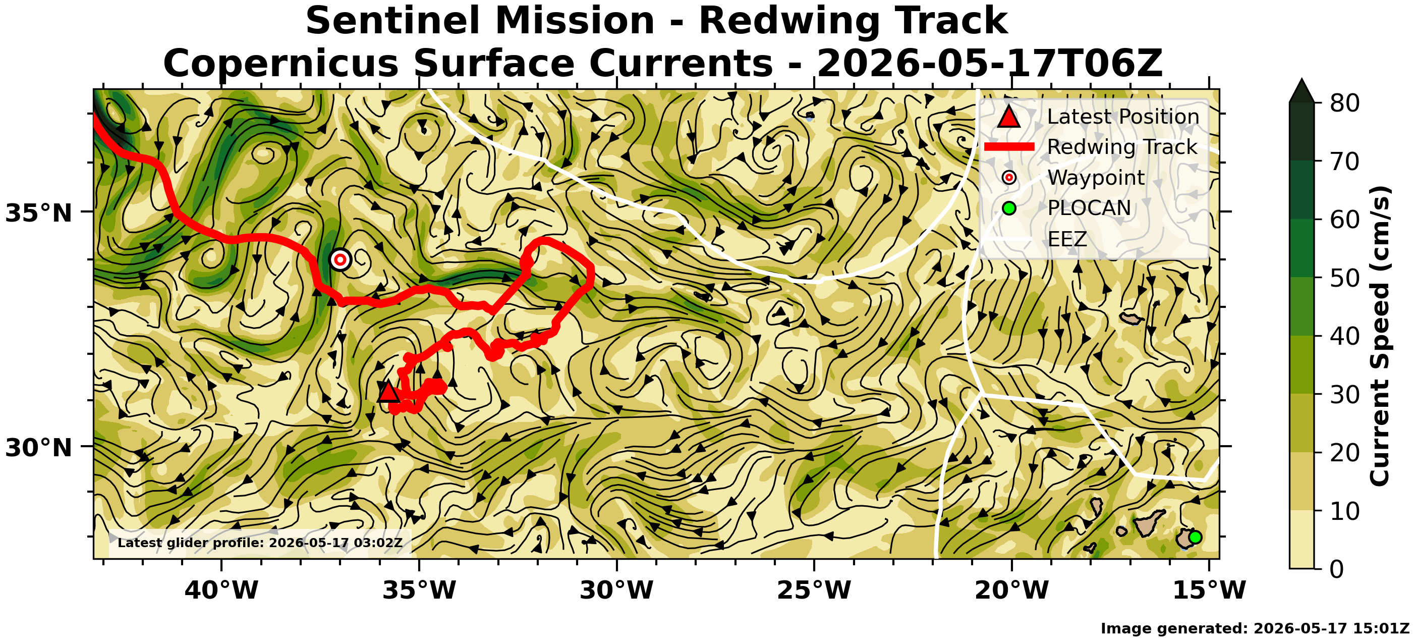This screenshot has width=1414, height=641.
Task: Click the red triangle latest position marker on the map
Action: tap(388, 392)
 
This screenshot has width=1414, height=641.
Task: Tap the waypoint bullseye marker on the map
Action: tap(341, 259)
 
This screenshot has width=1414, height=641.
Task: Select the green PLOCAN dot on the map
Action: tap(1195, 537)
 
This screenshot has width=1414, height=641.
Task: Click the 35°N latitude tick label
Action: tap(38, 213)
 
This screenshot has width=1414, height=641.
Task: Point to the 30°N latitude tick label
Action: tap(38, 448)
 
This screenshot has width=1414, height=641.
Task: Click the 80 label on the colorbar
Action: tap(1344, 103)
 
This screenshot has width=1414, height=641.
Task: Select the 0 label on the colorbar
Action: tap(1337, 569)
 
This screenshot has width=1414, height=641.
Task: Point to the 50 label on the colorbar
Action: tap(1344, 278)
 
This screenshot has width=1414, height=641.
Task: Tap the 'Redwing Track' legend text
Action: tap(1122, 147)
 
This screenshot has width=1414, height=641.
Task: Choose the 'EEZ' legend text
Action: tap(1067, 239)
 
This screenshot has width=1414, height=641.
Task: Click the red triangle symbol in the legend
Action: tap(1009, 117)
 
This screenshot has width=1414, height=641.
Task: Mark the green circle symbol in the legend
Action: tap(1009, 208)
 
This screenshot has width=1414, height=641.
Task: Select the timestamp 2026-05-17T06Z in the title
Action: tap(989, 64)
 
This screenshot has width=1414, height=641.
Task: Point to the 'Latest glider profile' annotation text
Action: tap(260, 543)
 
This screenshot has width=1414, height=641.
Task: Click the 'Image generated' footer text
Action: tap(1255, 628)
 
